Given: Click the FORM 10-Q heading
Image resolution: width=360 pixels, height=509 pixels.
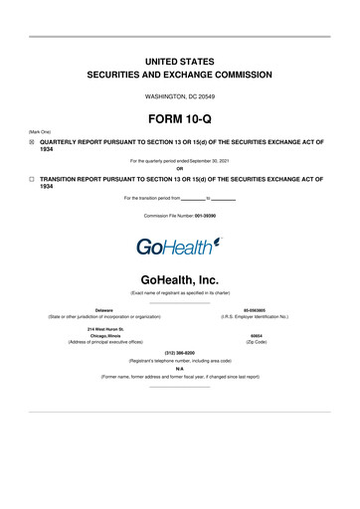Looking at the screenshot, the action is [x=180, y=118].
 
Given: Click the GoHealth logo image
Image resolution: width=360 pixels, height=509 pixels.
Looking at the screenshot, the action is [x=180, y=245].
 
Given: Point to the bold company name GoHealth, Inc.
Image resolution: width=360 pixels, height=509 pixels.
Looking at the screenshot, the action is [x=180, y=281].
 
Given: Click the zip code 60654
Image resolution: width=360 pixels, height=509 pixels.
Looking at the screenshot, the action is [x=257, y=336].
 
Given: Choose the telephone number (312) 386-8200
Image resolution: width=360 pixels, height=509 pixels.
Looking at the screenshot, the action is [x=180, y=353].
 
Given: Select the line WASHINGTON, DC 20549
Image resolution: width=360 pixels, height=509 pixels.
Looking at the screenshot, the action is [x=180, y=95].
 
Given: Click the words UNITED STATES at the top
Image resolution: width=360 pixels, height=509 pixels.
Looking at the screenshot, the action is [x=180, y=61].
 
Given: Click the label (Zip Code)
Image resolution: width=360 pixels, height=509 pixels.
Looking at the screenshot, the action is [x=257, y=343].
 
